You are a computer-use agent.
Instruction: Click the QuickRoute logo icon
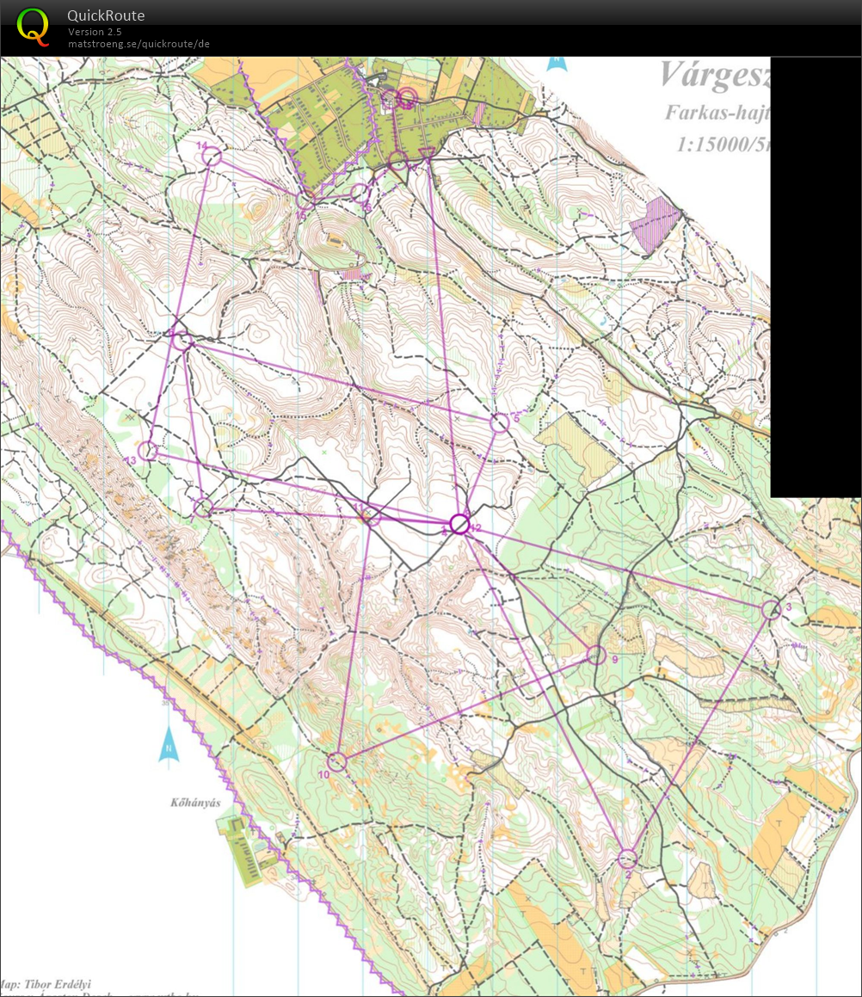[34, 25]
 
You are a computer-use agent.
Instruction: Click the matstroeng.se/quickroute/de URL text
[139, 44]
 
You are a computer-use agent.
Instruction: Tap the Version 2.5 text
[95, 32]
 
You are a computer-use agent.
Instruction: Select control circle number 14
[212, 157]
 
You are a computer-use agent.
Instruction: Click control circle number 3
[771, 609]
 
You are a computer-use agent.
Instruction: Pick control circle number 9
[595, 655]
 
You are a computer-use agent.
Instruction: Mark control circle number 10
[336, 761]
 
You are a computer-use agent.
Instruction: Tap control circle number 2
[627, 858]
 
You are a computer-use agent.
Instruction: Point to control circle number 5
[499, 422]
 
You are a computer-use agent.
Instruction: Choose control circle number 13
[148, 450]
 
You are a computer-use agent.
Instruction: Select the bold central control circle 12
[459, 523]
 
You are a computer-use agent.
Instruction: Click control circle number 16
[360, 192]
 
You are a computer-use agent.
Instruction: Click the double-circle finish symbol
[407, 97]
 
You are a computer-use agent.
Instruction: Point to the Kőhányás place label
[197, 803]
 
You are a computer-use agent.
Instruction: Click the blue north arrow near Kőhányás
[169, 745]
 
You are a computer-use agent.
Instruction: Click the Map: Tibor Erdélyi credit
[47, 984]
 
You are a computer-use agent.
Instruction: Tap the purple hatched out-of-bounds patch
[655, 224]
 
